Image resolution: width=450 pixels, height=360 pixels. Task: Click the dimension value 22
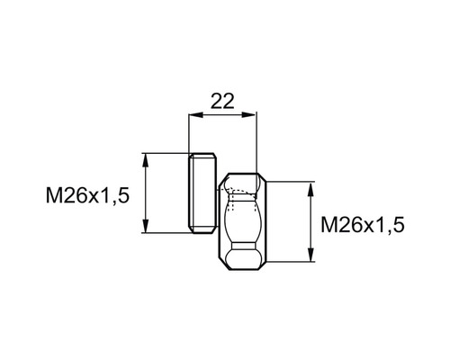pos(222,101)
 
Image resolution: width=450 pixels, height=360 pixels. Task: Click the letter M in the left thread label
pos(53,194)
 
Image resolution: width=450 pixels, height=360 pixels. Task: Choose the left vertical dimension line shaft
pos(144,193)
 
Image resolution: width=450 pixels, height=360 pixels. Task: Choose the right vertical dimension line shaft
pos(310,223)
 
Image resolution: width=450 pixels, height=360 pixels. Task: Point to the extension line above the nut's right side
pos(257,144)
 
